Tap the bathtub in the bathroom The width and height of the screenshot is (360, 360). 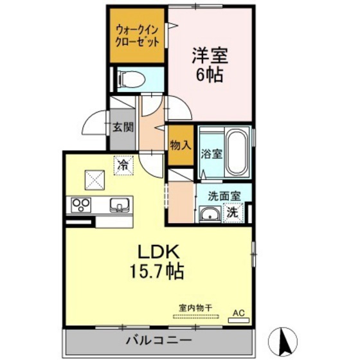point(237,154)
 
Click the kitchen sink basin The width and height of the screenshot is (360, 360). point(120,206)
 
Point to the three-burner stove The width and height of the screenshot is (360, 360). point(82,206)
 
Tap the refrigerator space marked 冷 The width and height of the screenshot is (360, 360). point(123,165)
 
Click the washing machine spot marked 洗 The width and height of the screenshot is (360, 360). point(231,213)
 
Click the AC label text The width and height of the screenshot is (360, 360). point(239,313)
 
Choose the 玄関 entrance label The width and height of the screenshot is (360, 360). point(123,127)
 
